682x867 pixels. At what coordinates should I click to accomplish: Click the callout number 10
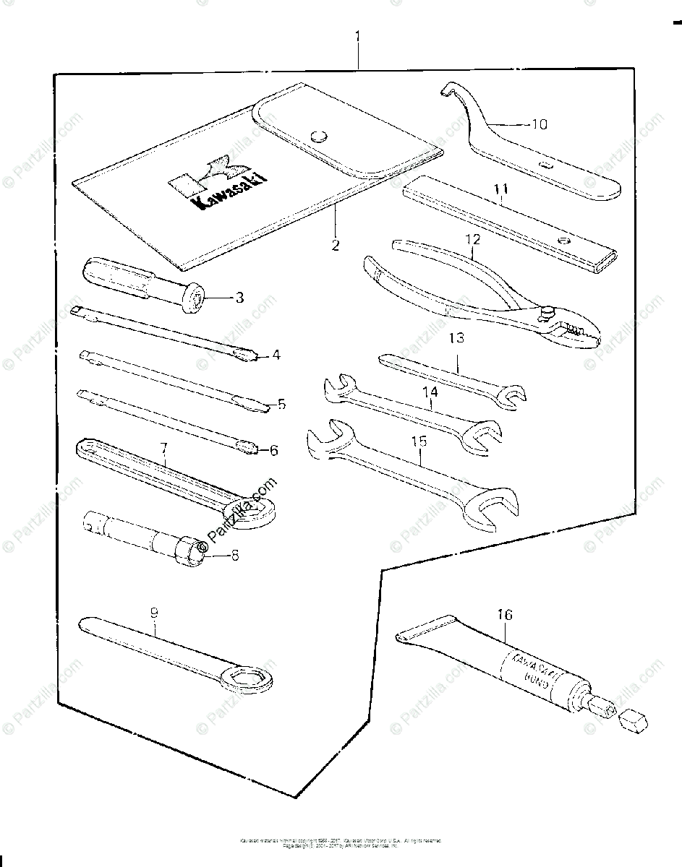pyautogui.click(x=539, y=124)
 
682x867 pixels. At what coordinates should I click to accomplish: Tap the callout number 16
pyautogui.click(x=504, y=615)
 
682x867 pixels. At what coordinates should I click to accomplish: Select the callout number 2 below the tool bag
pyautogui.click(x=335, y=245)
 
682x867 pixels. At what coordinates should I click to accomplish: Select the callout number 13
pyautogui.click(x=456, y=338)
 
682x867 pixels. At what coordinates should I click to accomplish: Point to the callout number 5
pyautogui.click(x=282, y=404)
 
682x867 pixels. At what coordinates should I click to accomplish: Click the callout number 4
pyautogui.click(x=276, y=355)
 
